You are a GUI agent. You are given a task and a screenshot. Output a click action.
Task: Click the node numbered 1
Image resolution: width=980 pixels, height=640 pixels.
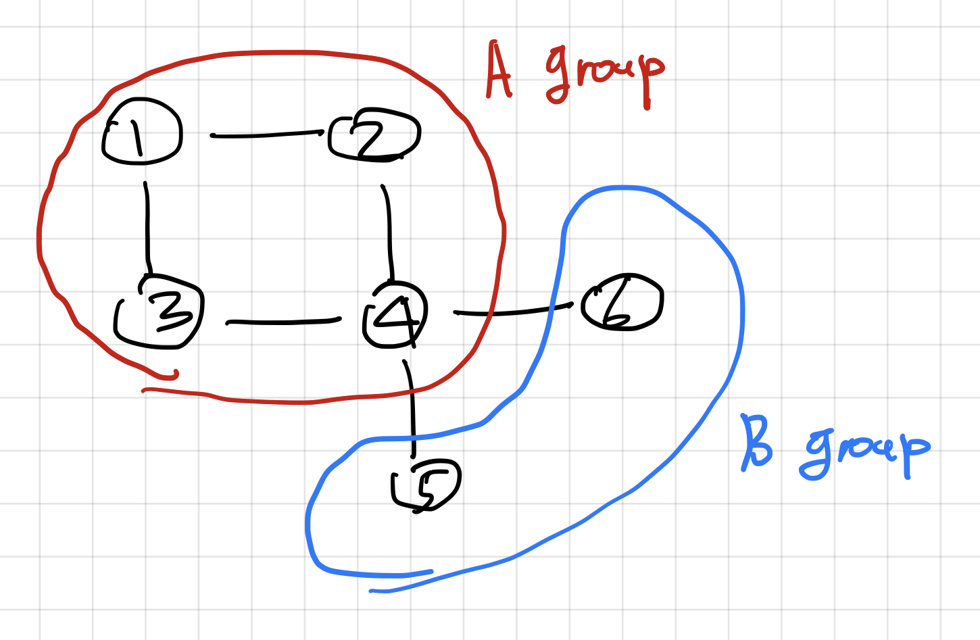point(141,132)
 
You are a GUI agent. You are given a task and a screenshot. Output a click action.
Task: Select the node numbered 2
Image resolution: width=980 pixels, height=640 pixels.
point(374,135)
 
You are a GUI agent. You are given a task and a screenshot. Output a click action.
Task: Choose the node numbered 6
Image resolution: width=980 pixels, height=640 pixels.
point(622,302)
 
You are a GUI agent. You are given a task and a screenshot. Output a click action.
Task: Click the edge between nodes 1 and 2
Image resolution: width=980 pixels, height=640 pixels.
point(267,134)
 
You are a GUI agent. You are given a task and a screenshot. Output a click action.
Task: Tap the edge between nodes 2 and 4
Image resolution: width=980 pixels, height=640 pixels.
point(389,230)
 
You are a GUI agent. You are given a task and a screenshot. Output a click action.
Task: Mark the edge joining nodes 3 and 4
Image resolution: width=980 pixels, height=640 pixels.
point(284,322)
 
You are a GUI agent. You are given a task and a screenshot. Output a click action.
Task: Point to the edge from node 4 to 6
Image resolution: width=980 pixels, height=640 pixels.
point(514,312)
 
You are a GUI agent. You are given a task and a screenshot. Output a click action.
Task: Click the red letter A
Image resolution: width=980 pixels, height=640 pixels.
point(499,71)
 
